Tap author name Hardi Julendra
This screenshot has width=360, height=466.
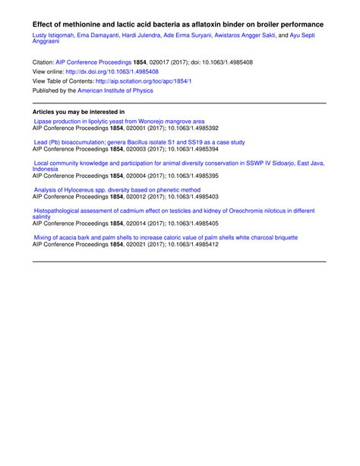(142, 36)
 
